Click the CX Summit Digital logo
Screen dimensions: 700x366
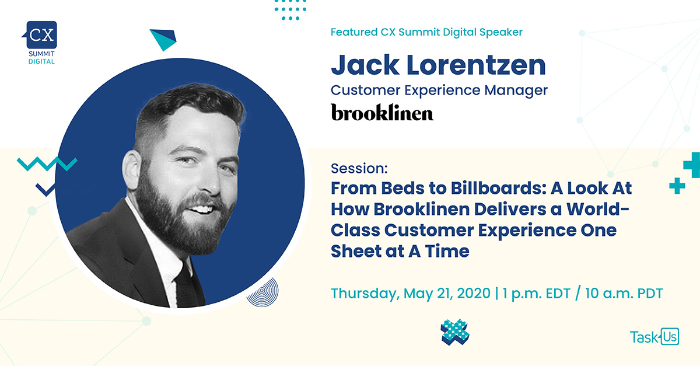tap(40, 43)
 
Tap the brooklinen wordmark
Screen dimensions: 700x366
tap(382, 112)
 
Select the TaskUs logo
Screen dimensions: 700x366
tap(654, 336)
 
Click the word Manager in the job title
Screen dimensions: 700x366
tap(516, 90)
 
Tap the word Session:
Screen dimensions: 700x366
tap(359, 168)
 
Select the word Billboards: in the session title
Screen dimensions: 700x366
tap(498, 189)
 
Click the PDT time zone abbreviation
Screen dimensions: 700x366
tap(650, 294)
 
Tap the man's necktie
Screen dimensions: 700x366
tap(186, 286)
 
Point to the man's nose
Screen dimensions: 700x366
tap(212, 182)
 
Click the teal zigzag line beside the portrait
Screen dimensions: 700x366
tap(47, 164)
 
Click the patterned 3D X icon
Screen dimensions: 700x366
tap(454, 332)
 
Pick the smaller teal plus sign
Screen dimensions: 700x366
tap(677, 186)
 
